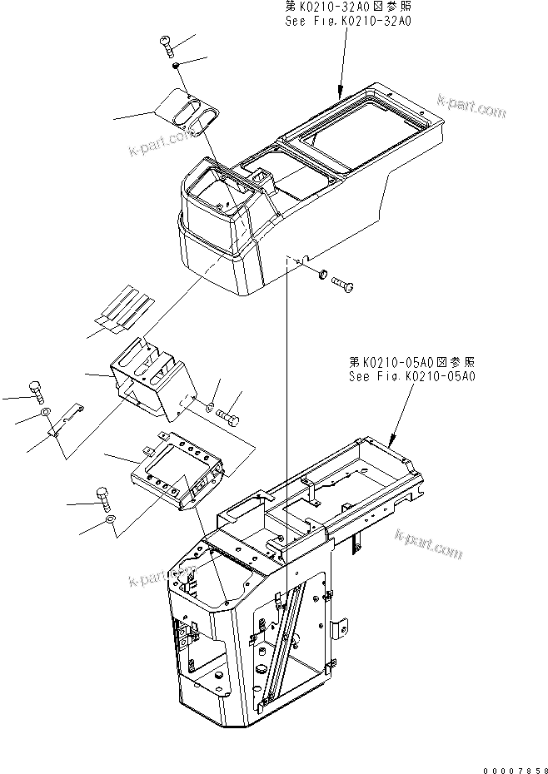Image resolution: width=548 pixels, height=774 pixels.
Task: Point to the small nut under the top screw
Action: tap(177, 66)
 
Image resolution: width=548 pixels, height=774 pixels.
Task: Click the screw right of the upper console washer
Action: tap(344, 285)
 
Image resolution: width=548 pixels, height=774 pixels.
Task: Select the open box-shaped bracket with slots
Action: tap(150, 379)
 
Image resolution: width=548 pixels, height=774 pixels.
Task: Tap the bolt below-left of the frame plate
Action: tap(104, 498)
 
